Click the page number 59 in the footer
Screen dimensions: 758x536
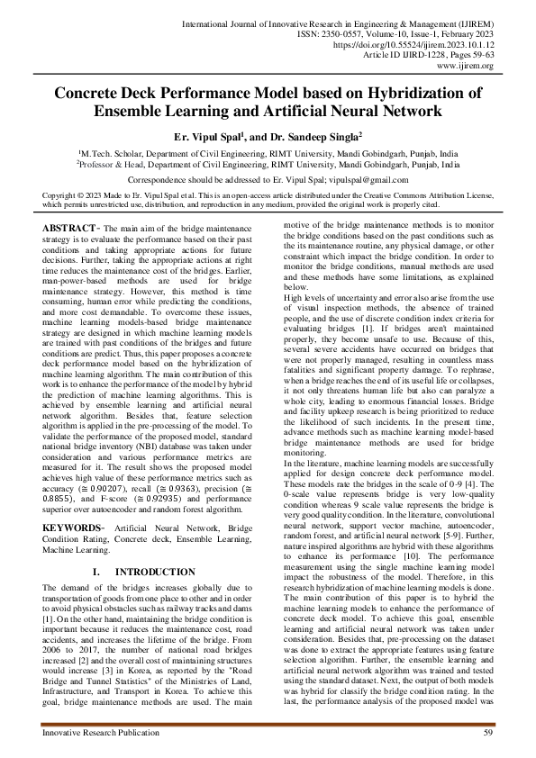pyautogui.click(x=487, y=735)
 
